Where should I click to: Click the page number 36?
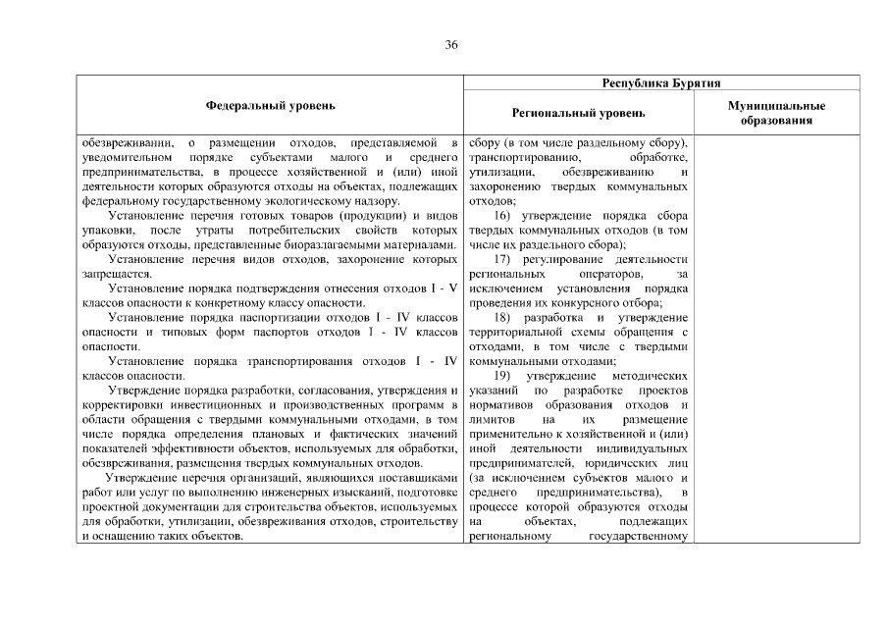(x=451, y=45)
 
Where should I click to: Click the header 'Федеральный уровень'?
(x=270, y=104)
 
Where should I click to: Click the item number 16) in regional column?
(x=503, y=215)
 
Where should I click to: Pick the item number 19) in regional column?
(x=503, y=376)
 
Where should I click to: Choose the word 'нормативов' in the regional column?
(x=501, y=404)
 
